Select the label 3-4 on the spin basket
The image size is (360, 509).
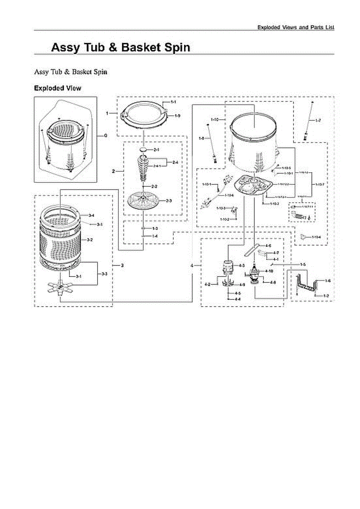[91, 216]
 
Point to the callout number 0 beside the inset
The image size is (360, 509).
[105, 136]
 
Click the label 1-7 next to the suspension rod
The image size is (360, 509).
[318, 121]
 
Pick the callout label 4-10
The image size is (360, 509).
[269, 271]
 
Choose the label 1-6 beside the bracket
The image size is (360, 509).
[328, 281]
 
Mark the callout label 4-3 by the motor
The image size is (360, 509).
[242, 265]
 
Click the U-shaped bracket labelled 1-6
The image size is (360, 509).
[308, 283]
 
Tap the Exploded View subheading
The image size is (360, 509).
[57, 88]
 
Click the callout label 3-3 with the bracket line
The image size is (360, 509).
[104, 274]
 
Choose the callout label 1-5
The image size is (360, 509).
[303, 265]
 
